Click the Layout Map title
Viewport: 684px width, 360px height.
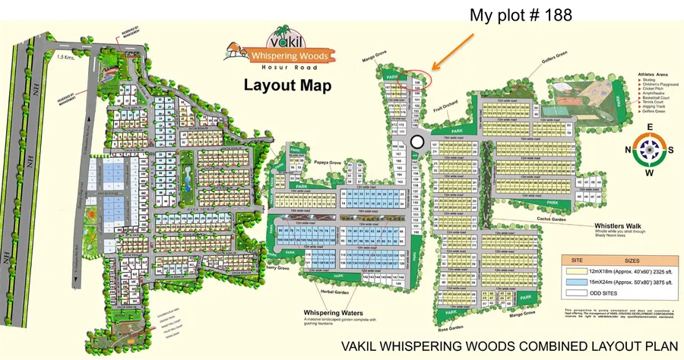coord(287,84)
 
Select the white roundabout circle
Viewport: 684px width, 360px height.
coord(416,142)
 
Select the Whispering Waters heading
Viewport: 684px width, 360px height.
coord(333,313)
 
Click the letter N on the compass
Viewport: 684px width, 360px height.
coord(629,149)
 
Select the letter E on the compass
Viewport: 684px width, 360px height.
coord(649,127)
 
